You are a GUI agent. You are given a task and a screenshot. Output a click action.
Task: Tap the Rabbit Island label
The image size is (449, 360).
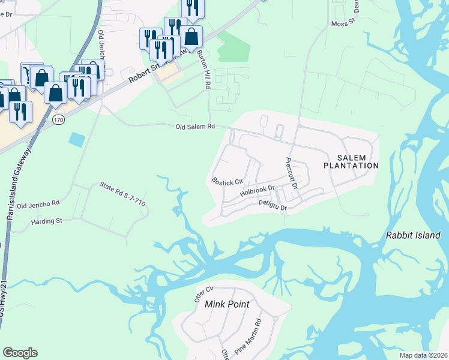click(x=413, y=236)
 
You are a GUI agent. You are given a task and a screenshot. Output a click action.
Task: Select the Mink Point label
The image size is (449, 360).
click(x=227, y=304)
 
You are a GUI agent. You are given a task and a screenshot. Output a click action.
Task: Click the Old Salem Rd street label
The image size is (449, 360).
click(x=195, y=127)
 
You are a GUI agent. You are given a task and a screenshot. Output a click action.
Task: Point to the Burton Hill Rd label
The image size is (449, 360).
click(x=204, y=70)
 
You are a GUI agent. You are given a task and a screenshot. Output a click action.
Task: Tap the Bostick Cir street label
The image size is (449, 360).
click(x=227, y=181)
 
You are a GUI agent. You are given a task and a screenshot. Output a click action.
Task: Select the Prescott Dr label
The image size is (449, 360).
click(x=291, y=174)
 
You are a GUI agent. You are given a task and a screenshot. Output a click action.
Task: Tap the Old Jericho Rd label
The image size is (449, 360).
click(x=39, y=205)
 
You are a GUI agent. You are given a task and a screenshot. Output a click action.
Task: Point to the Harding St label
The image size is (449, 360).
click(x=47, y=221)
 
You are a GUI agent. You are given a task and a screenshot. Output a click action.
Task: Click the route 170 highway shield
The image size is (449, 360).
click(x=58, y=120)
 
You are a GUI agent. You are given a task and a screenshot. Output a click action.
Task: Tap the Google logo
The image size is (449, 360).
click(x=20, y=353)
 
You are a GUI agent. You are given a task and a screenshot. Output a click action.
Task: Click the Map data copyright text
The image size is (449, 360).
click(x=423, y=355)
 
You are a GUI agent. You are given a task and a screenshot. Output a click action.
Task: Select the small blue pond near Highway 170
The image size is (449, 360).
click(x=77, y=140)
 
